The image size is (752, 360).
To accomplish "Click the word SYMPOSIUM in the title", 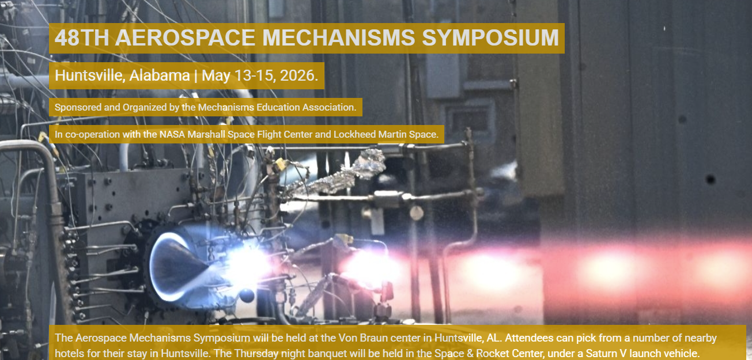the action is tap(490, 37).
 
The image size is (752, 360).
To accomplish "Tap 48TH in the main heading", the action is tap(82, 37).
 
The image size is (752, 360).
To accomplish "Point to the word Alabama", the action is tap(160, 76).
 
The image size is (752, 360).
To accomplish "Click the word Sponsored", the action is tap(78, 108).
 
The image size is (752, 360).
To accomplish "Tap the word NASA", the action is tap(172, 135).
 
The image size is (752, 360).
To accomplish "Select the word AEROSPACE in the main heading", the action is tap(185, 37).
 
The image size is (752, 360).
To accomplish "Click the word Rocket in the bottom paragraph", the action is tap(492, 354).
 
